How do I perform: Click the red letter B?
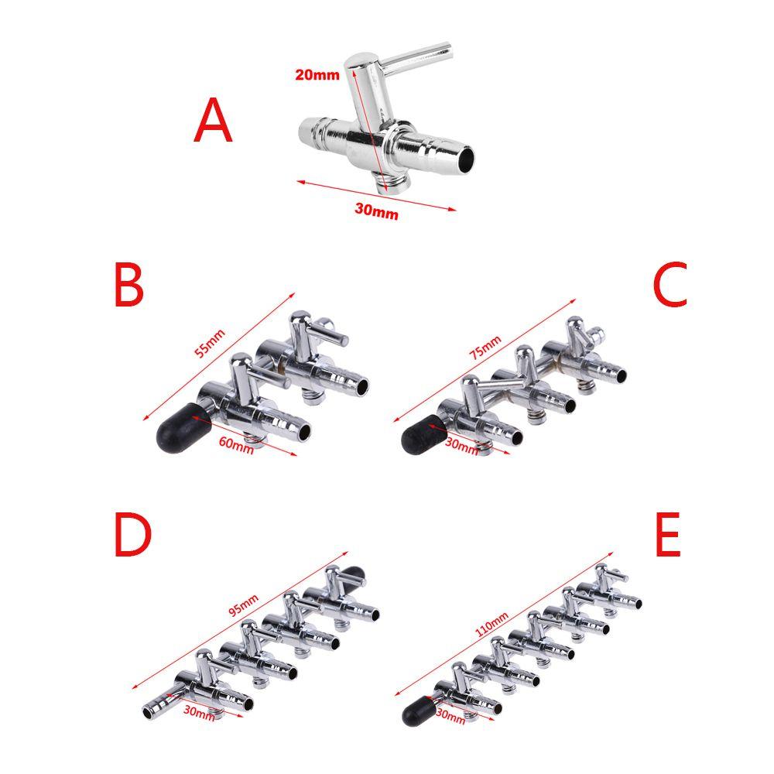coord(128,284)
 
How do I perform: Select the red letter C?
coord(670,284)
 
